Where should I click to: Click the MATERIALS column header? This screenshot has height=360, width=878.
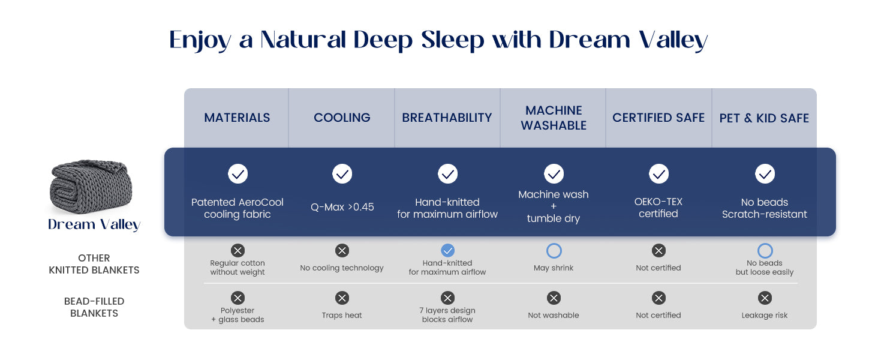click(x=237, y=118)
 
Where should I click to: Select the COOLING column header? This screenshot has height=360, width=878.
click(x=342, y=118)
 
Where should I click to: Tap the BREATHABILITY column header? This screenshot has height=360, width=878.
click(x=447, y=118)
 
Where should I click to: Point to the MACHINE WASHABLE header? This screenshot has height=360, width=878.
click(x=554, y=118)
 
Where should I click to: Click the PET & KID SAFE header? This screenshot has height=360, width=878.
click(x=764, y=118)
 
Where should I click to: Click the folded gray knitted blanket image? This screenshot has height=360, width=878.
click(x=91, y=186)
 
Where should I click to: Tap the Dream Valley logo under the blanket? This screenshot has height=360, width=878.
click(x=94, y=225)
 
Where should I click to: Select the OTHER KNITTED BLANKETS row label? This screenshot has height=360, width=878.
click(x=94, y=264)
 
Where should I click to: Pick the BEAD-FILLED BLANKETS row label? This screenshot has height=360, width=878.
click(x=94, y=307)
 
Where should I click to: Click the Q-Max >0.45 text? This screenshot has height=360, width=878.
click(x=342, y=206)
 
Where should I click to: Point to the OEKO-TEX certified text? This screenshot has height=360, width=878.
click(x=659, y=208)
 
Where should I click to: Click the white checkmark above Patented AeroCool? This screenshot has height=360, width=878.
click(x=238, y=174)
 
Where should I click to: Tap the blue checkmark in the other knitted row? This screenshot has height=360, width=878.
click(x=447, y=250)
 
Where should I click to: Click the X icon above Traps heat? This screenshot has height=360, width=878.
click(x=342, y=298)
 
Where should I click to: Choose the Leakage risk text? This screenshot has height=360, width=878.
click(x=764, y=315)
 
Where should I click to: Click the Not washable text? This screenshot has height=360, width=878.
click(x=554, y=315)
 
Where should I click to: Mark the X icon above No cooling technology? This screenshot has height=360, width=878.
click(x=342, y=250)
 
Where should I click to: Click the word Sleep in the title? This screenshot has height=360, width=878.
click(x=453, y=40)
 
